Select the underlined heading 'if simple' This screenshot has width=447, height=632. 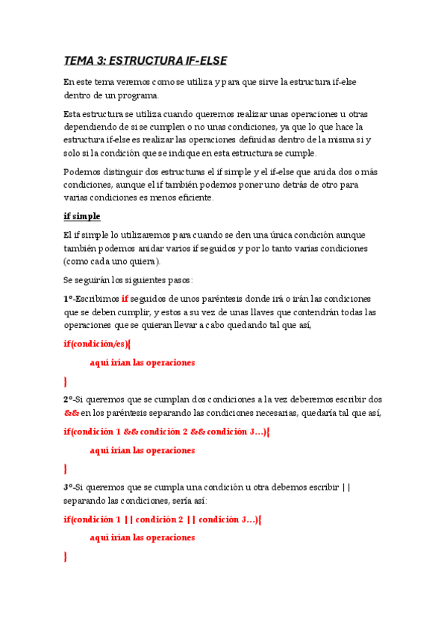pyautogui.click(x=81, y=216)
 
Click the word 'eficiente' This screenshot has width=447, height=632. pyautogui.click(x=192, y=197)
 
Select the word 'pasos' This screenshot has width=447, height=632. pyautogui.click(x=177, y=279)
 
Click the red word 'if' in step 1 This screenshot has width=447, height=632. pyautogui.click(x=125, y=298)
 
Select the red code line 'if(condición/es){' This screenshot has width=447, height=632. pyautogui.click(x=97, y=344)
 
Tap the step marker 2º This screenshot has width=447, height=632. pyautogui.click(x=68, y=399)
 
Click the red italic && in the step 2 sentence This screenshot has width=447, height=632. pyautogui.click(x=71, y=413)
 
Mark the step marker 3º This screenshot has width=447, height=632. pyautogui.click(x=68, y=487)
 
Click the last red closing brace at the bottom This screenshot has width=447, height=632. pyautogui.click(x=66, y=556)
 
